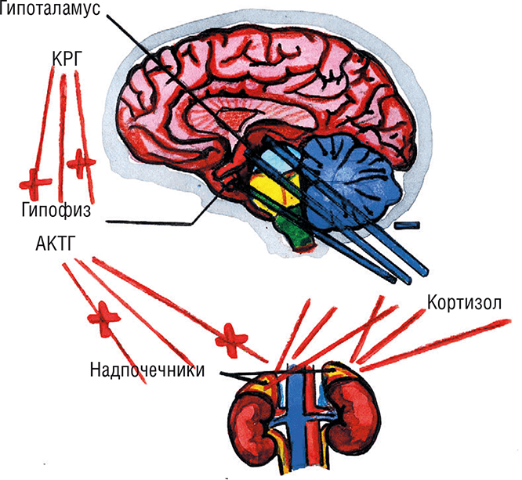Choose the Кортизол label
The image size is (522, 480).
tap(464, 302)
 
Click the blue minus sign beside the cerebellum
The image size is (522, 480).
tap(408, 226)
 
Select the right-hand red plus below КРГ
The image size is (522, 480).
tap(81, 163)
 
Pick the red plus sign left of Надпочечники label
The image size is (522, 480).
tap(104, 317)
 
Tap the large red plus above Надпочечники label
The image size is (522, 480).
tap(234, 336)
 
